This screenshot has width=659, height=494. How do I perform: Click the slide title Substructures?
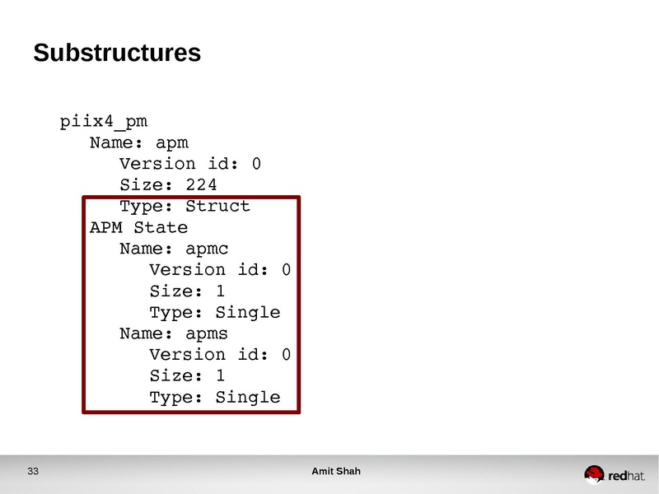[117, 54]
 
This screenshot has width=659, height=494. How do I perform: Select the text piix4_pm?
[104, 122]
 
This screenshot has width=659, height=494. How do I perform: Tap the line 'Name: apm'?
[139, 142]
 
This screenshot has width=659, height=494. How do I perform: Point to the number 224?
[201, 184]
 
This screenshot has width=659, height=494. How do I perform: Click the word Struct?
[217, 206]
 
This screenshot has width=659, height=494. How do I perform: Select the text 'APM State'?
[138, 227]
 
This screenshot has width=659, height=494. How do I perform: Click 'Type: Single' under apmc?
[214, 312]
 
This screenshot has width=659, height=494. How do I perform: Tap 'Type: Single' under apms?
[214, 397]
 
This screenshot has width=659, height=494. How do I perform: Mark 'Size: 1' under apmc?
[187, 291]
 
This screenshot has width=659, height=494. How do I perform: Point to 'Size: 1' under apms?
[187, 375]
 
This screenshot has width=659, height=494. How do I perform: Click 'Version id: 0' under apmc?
[220, 269]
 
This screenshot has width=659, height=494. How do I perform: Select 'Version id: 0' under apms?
[220, 354]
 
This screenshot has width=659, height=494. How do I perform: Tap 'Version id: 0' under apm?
[190, 164]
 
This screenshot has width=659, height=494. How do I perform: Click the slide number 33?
[33, 472]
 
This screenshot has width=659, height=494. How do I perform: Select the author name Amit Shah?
[336, 472]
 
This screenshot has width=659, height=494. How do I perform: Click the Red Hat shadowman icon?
[594, 473]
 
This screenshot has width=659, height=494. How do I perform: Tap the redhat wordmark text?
[627, 475]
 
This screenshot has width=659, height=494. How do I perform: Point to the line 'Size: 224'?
[168, 184]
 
